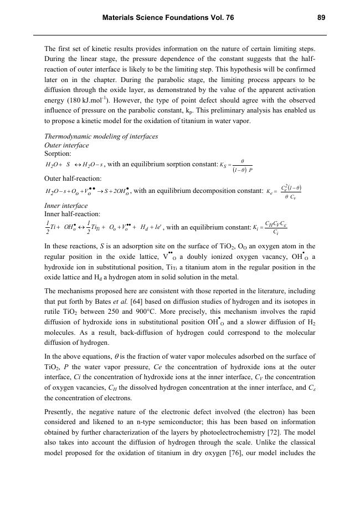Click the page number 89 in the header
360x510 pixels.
[321, 18]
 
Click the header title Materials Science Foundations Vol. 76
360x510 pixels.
[168, 18]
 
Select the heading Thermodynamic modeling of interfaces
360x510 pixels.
[101, 136]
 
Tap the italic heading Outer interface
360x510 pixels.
[66, 145]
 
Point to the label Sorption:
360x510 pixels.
[58, 153]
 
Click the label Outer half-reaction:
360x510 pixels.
[73, 178]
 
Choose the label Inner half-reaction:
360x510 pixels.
[72, 213]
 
